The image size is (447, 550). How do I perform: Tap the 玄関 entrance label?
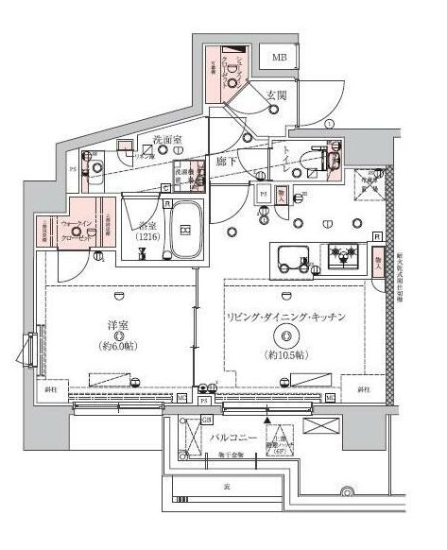tap(276, 95)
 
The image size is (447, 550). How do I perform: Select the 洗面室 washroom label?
tap(166, 141)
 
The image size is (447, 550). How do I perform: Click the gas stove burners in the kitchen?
tap(339, 253)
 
